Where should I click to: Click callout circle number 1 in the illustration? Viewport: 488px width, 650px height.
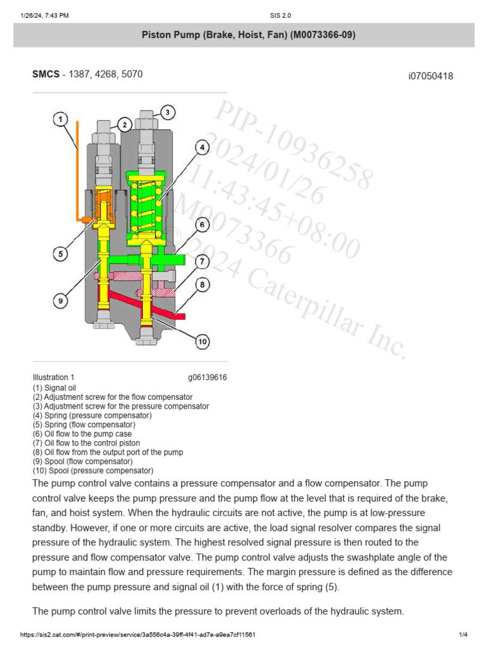click(x=60, y=119)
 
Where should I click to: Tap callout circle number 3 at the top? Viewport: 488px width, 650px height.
click(x=166, y=113)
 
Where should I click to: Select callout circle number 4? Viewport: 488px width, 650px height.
click(x=201, y=147)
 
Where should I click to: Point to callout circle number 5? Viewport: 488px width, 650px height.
click(x=60, y=254)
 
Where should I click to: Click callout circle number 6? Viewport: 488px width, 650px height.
click(x=201, y=224)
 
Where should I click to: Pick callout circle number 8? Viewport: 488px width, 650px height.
click(x=201, y=285)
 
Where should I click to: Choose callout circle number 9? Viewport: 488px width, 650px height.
click(x=60, y=301)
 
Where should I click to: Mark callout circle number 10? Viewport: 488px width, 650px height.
click(x=201, y=342)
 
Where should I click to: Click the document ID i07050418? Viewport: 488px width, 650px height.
click(x=430, y=76)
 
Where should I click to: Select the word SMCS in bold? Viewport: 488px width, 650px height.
click(x=46, y=74)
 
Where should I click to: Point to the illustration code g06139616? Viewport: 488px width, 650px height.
click(x=207, y=377)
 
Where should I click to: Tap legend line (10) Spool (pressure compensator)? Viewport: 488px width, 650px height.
click(x=93, y=470)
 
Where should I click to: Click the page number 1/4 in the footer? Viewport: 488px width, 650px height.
click(x=463, y=635)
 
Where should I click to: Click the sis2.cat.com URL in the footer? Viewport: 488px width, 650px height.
click(x=138, y=635)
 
